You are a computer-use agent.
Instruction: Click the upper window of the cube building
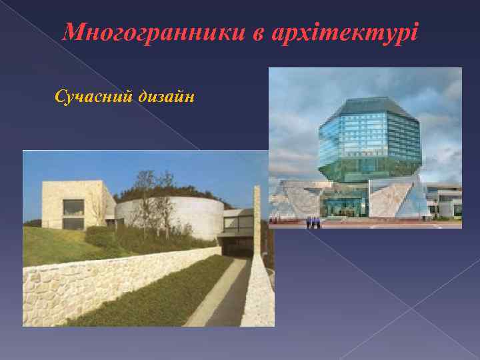coord(73,207)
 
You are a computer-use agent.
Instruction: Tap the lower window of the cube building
coord(73,223)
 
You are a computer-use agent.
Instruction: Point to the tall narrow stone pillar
coord(257,220)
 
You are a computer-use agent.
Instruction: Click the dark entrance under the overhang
coord(236,247)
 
